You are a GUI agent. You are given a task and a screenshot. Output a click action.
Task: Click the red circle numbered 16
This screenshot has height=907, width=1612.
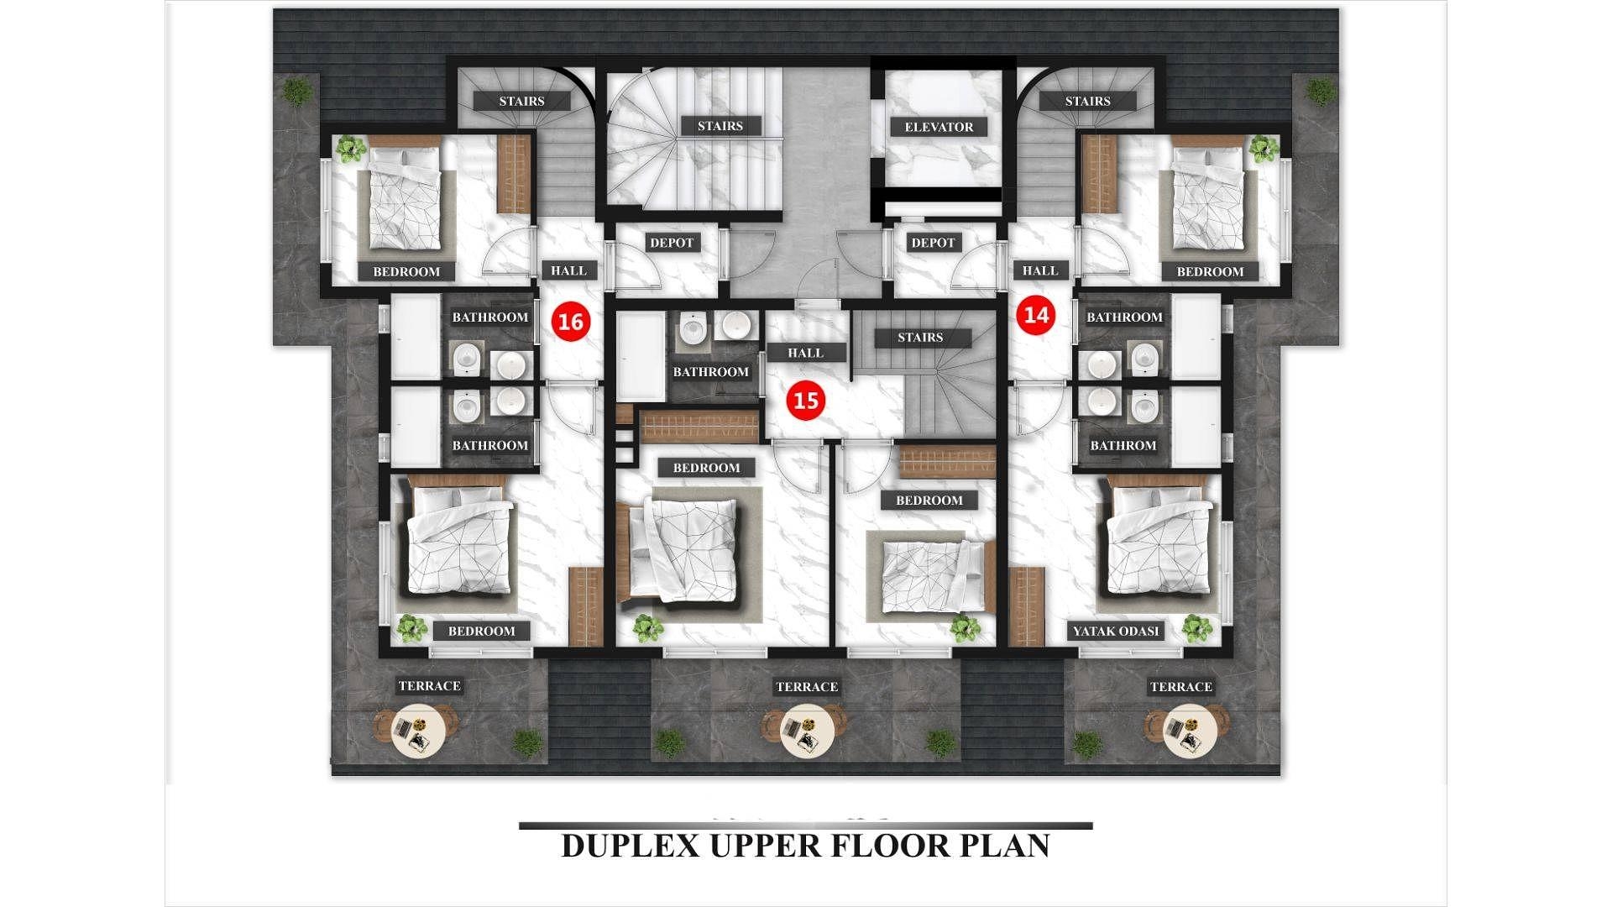click(x=570, y=322)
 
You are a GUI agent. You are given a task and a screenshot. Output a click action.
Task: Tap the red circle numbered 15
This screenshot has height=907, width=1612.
click(x=805, y=401)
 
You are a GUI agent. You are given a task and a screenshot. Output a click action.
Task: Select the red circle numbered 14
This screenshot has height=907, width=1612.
click(x=1037, y=315)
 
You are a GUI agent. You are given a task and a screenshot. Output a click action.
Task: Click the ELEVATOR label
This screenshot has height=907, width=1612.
click(x=939, y=127)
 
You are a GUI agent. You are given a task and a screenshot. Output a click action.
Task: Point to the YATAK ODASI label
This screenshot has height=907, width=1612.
click(x=1116, y=631)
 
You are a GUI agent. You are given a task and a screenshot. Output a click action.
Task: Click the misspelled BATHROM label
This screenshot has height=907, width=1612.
click(x=1123, y=445)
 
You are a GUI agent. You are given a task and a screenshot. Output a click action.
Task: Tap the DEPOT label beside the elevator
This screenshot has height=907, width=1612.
click(x=933, y=243)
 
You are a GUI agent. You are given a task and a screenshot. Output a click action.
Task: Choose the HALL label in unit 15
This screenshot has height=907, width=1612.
click(x=805, y=353)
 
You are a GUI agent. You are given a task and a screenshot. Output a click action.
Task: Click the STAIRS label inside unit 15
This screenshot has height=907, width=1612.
click(x=920, y=338)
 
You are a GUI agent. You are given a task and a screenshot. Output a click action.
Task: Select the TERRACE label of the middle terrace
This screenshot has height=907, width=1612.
click(x=807, y=687)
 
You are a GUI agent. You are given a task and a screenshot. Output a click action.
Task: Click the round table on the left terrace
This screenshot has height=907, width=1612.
click(x=416, y=731)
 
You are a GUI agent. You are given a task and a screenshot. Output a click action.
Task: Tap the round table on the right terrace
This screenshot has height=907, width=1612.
click(x=1189, y=731)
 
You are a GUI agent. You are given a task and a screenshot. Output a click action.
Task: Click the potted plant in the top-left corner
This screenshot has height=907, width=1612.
click(x=296, y=90)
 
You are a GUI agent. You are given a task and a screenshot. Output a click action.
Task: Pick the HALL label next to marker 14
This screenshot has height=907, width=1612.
click(x=1040, y=270)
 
